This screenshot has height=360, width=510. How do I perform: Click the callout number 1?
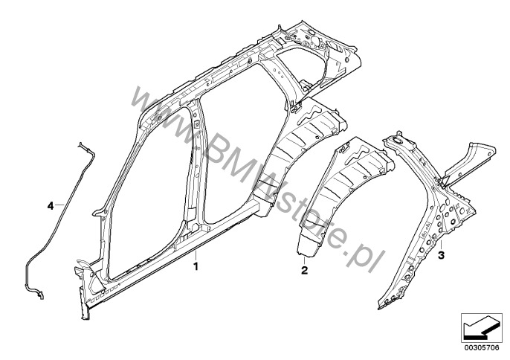pyautogui.click(x=196, y=264)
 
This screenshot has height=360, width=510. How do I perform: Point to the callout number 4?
pyautogui.click(x=51, y=204)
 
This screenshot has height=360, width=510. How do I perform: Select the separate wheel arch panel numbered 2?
pyautogui.click(x=335, y=193)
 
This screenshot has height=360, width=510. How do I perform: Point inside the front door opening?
pyautogui.click(x=149, y=186)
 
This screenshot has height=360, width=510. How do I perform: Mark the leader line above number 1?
pyautogui.click(x=196, y=256)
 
